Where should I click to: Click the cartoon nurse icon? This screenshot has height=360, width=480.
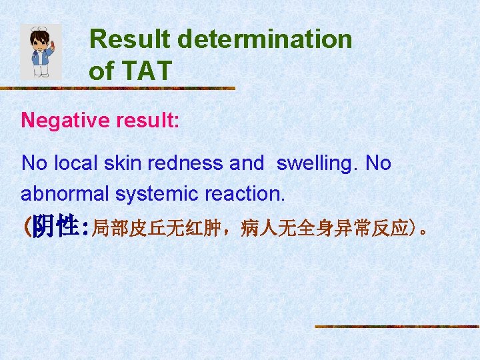(x=41, y=52)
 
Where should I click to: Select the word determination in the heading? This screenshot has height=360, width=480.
(x=265, y=39)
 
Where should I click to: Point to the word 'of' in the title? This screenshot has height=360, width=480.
(x=101, y=71)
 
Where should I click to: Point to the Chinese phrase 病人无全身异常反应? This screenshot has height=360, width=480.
(x=325, y=229)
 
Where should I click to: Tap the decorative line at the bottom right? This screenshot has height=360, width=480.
(x=396, y=326)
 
